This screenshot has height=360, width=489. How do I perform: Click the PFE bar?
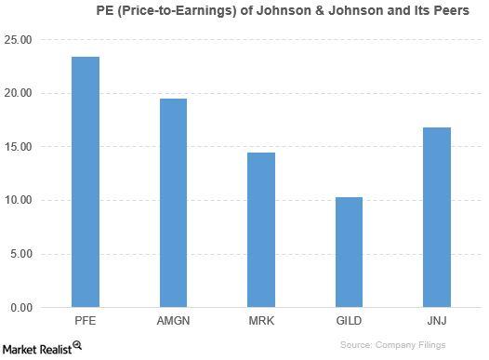coord(86,182)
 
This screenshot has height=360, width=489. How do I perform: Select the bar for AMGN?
coord(173,203)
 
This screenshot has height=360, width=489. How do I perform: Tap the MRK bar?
coord(261,230)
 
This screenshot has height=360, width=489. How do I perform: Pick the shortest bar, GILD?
coord(349,252)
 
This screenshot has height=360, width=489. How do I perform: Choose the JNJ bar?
coord(437,217)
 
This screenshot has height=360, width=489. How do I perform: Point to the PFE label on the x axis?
coord(86,321)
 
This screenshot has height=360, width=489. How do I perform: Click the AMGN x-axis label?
coord(173,321)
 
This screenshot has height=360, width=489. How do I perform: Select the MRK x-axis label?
coord(261,321)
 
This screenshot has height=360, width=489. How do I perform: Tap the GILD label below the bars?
coord(349,321)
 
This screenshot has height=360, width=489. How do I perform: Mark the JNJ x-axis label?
coord(437,321)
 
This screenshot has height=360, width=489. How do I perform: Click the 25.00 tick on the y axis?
coord(18,40)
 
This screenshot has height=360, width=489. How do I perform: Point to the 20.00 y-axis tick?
coord(18,94)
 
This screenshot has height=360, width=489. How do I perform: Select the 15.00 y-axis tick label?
coord(18,147)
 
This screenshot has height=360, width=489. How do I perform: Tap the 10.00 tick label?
coord(18,201)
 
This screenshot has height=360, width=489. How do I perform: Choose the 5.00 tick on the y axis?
coord(20,254)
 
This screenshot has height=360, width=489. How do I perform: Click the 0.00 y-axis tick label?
coord(20,308)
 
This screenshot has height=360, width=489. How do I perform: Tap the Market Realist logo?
coord(42,347)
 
